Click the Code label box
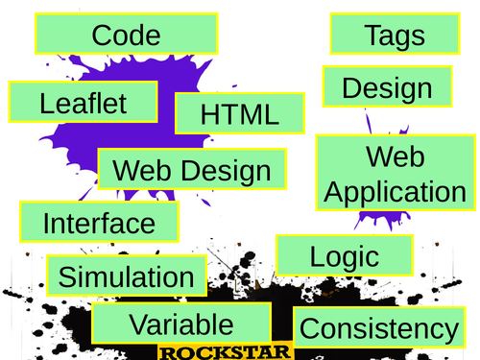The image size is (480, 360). [125, 36]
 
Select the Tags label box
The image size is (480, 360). [394, 36]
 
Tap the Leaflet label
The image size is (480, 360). [84, 103]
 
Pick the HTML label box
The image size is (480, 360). [239, 114]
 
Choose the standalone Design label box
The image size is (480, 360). [386, 88]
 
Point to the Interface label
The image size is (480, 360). [99, 223]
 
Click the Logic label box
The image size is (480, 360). [345, 255]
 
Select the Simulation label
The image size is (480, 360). [126, 276]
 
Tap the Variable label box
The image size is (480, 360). [180, 324]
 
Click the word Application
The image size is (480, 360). [396, 191]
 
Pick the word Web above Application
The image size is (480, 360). [396, 156]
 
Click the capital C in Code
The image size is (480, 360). [103, 36]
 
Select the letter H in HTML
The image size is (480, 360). [209, 114]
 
